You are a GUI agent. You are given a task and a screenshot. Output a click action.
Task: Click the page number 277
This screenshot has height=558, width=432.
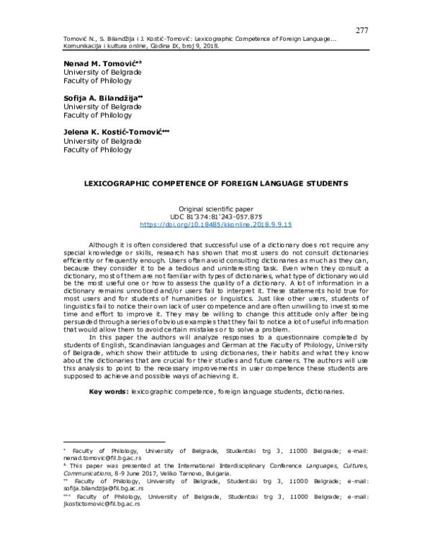pyautogui.click(x=363, y=30)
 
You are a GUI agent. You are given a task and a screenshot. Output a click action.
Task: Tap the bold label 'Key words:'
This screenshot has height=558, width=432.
pyautogui.click(x=109, y=391)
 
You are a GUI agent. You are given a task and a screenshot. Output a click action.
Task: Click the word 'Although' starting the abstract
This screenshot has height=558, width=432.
pyautogui.click(x=104, y=244)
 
